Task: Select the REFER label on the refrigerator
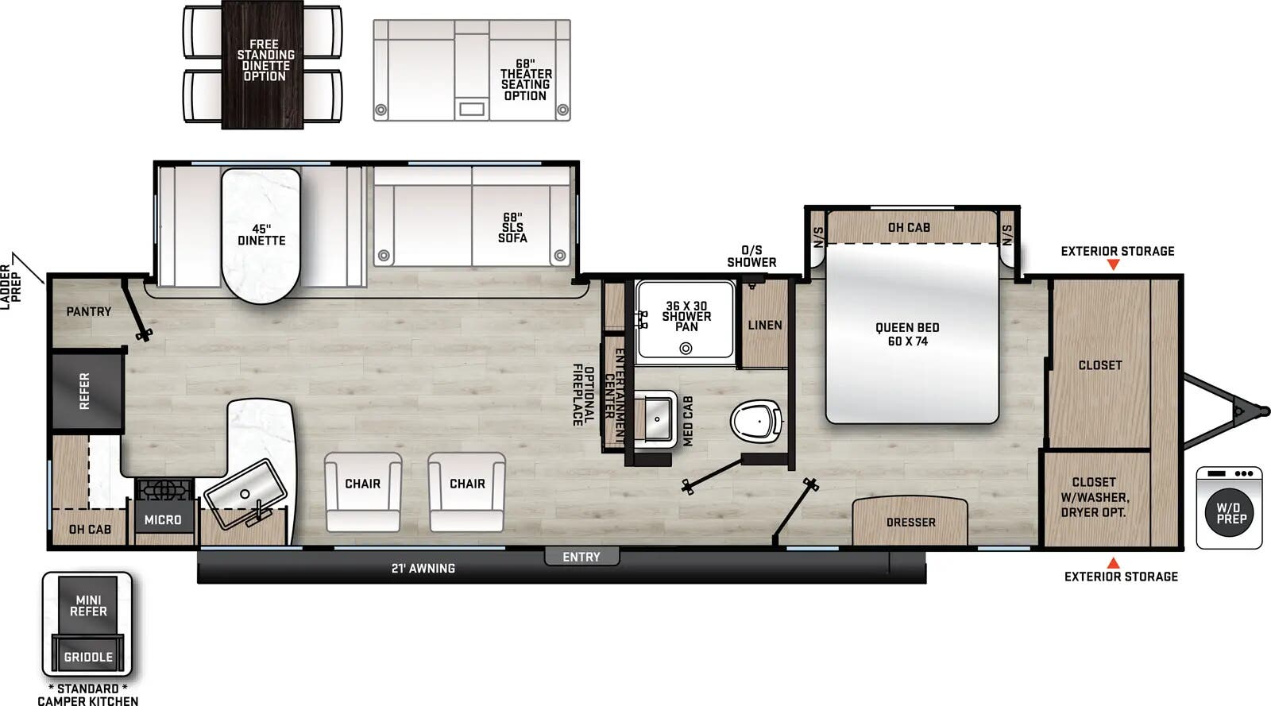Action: pos(85,392)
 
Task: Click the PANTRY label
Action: pos(89,312)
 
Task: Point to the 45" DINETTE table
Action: pos(261,236)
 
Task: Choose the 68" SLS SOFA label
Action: pos(512,228)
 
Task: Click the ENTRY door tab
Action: pos(581,557)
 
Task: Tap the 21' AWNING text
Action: pos(423,569)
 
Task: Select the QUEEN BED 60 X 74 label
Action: pos(907,334)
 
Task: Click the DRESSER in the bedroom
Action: pos(910,522)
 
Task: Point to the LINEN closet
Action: pos(764,325)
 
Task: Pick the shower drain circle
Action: pos(686,348)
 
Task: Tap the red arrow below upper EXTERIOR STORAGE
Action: pos(1113,264)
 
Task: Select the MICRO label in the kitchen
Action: pos(163,520)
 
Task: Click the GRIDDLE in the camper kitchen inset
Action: pos(88,657)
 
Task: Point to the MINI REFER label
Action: pos(88,606)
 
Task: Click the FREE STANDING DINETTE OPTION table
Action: pos(263,64)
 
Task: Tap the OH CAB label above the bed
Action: pos(909,228)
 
